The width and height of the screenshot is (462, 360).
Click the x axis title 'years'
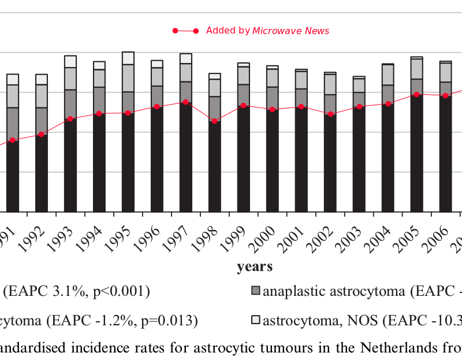[255, 267]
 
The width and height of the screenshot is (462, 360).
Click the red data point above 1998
[214, 121]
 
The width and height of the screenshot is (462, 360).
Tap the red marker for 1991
[12, 140]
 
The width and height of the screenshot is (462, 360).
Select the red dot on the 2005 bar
[416, 94]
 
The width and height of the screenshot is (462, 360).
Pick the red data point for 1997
[185, 102]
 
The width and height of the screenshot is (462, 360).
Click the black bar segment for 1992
[42, 173]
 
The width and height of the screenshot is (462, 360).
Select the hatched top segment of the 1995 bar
[128, 58]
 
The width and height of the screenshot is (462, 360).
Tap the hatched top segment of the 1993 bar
[70, 61]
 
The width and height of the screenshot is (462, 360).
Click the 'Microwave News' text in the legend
[290, 31]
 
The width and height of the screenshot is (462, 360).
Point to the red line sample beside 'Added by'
[185, 31]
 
